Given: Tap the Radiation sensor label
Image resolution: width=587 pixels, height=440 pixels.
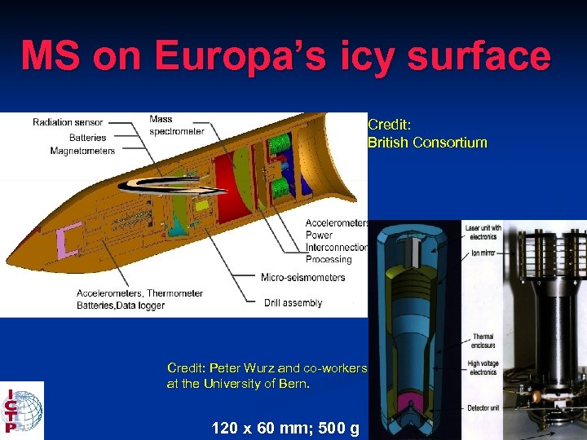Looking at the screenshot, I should click(x=68, y=122).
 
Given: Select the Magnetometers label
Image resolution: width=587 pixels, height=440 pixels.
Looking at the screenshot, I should click(x=82, y=151).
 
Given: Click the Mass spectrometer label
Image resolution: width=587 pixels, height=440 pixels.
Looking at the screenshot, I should click(x=176, y=125).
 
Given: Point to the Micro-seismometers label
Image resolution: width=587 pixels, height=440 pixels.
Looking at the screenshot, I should click(x=302, y=277).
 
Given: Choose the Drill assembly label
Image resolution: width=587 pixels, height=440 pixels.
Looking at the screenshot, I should click(x=293, y=303).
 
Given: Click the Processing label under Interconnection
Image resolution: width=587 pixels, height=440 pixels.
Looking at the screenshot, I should click(x=329, y=259).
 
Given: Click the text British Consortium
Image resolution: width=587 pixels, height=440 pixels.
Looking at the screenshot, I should click(x=427, y=143).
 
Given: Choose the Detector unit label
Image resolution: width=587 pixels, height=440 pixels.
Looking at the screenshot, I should click(x=486, y=407).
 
